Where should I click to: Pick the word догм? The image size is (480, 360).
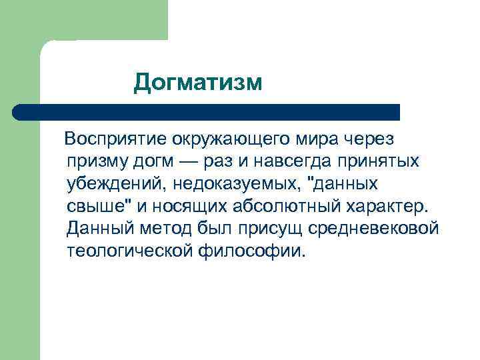[157, 161]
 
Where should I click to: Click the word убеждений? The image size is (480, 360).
[115, 184]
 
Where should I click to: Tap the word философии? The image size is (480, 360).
[254, 251]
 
